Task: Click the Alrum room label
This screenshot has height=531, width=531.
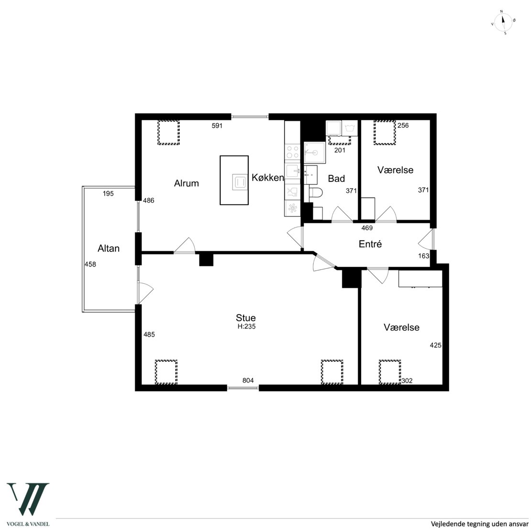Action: (x=186, y=183)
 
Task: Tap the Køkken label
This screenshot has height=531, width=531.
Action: (x=267, y=177)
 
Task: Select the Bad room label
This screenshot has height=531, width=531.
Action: (x=336, y=178)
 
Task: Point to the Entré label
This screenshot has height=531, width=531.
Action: (x=370, y=244)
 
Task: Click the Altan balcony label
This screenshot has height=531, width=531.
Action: (x=109, y=248)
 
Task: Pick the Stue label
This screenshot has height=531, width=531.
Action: (x=246, y=318)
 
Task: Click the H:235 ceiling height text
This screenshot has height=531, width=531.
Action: (x=246, y=326)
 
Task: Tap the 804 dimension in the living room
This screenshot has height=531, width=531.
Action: (x=248, y=380)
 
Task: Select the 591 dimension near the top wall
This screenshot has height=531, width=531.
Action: (x=217, y=126)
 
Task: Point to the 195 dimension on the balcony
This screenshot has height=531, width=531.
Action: (x=108, y=194)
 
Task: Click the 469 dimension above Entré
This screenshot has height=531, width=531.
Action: (x=367, y=228)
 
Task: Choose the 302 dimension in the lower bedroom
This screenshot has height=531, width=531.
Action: (x=407, y=381)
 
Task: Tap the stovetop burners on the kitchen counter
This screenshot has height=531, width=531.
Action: (x=292, y=152)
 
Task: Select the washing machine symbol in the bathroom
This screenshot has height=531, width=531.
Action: (x=350, y=128)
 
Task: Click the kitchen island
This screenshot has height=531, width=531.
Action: (x=234, y=180)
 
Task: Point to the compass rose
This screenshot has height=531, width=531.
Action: (x=503, y=22)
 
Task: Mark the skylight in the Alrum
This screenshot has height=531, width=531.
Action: (x=168, y=133)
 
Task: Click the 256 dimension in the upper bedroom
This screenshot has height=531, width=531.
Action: (x=403, y=125)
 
